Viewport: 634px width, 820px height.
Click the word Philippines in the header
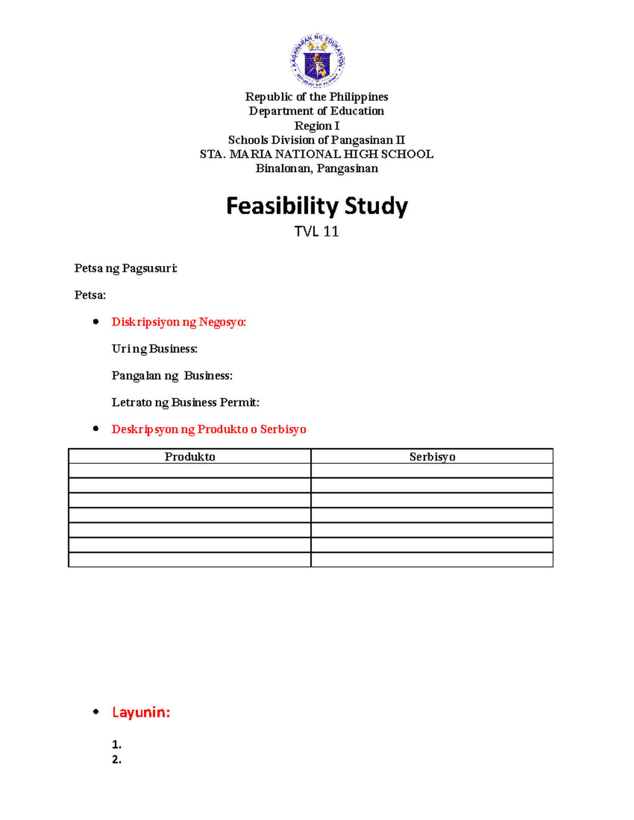point(359,97)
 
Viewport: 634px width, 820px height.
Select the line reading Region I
point(316,126)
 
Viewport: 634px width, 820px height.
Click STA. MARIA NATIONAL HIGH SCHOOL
point(316,154)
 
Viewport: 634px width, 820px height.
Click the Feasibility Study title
point(317,206)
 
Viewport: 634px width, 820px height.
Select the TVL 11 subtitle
point(316,231)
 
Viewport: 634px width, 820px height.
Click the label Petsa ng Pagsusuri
point(126,268)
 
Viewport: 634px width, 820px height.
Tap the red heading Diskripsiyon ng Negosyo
point(179,322)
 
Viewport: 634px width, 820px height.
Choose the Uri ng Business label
point(154,349)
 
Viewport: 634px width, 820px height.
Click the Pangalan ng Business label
point(172,376)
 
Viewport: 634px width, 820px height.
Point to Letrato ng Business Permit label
point(185,403)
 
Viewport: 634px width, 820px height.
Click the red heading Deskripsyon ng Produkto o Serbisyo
point(209,429)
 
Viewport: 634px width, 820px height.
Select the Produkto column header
point(190,457)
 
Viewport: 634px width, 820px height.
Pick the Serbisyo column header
point(432,457)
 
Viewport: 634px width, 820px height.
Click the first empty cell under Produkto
point(190,471)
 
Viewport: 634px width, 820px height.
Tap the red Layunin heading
point(141,712)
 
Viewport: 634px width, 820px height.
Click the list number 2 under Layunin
point(116,760)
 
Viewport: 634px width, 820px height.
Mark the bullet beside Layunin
point(96,712)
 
